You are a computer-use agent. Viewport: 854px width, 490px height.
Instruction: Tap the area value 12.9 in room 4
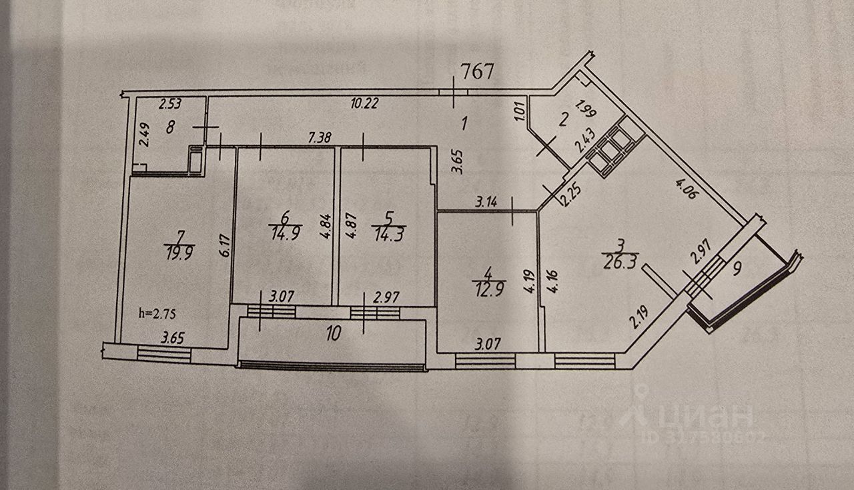pyautogui.click(x=488, y=289)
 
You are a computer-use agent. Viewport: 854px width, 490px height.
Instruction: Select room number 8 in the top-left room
pyautogui.click(x=171, y=127)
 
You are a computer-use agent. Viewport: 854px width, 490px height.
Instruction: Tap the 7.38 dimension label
pyautogui.click(x=321, y=137)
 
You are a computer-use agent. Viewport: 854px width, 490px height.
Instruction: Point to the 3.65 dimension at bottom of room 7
pyautogui.click(x=173, y=339)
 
